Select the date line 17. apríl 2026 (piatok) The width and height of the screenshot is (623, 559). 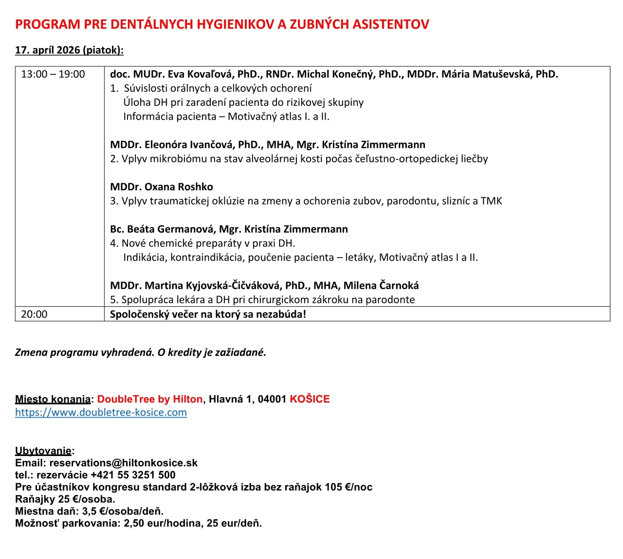coord(69,50)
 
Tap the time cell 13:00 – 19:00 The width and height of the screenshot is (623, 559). coord(53,74)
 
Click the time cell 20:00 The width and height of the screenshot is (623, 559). coord(34,314)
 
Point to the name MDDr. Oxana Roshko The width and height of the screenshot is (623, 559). coord(162,187)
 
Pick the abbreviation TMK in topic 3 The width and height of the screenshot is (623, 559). coord(491,201)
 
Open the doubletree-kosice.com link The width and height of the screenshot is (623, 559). coord(101,413)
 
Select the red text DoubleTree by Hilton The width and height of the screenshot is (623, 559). coord(150,400)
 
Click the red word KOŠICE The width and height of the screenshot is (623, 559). coord(310,400)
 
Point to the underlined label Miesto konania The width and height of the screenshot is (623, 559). coord(53,400)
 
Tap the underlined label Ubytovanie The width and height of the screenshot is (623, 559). coord(43,451)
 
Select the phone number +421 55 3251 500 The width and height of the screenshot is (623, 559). coord(133,475)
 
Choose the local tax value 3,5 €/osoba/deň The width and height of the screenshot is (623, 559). coord(123,511)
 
